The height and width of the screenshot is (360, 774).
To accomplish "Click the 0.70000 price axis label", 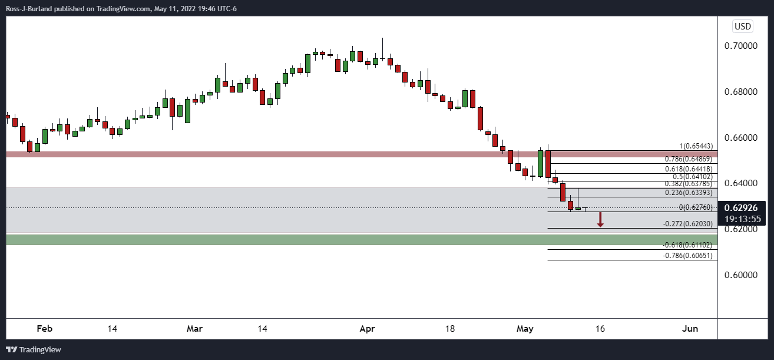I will pyautogui.click(x=745, y=46).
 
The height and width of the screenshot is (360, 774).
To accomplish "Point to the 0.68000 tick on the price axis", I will pyautogui.click(x=745, y=92).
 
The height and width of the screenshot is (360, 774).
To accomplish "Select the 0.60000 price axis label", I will pyautogui.click(x=745, y=275).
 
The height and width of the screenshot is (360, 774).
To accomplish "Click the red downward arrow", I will pyautogui.click(x=600, y=220).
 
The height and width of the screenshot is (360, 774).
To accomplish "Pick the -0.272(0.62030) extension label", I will pyautogui.click(x=687, y=224).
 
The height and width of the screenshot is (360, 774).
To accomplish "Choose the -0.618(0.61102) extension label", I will pyautogui.click(x=687, y=245).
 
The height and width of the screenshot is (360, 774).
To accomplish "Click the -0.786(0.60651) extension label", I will pyautogui.click(x=687, y=256).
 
